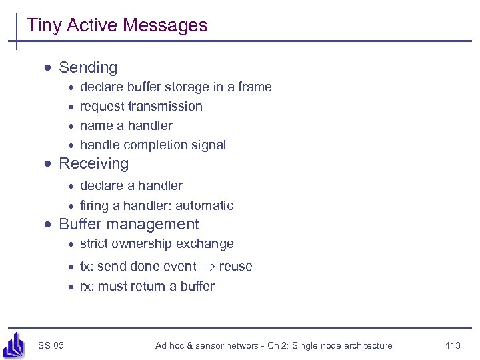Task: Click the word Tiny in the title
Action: click(45, 25)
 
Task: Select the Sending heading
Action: click(88, 67)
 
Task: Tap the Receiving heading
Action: click(94, 163)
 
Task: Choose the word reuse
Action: click(236, 267)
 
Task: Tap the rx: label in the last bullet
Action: click(87, 286)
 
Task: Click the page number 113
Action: click(453, 345)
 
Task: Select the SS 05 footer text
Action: click(51, 345)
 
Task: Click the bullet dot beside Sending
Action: click(49, 68)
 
